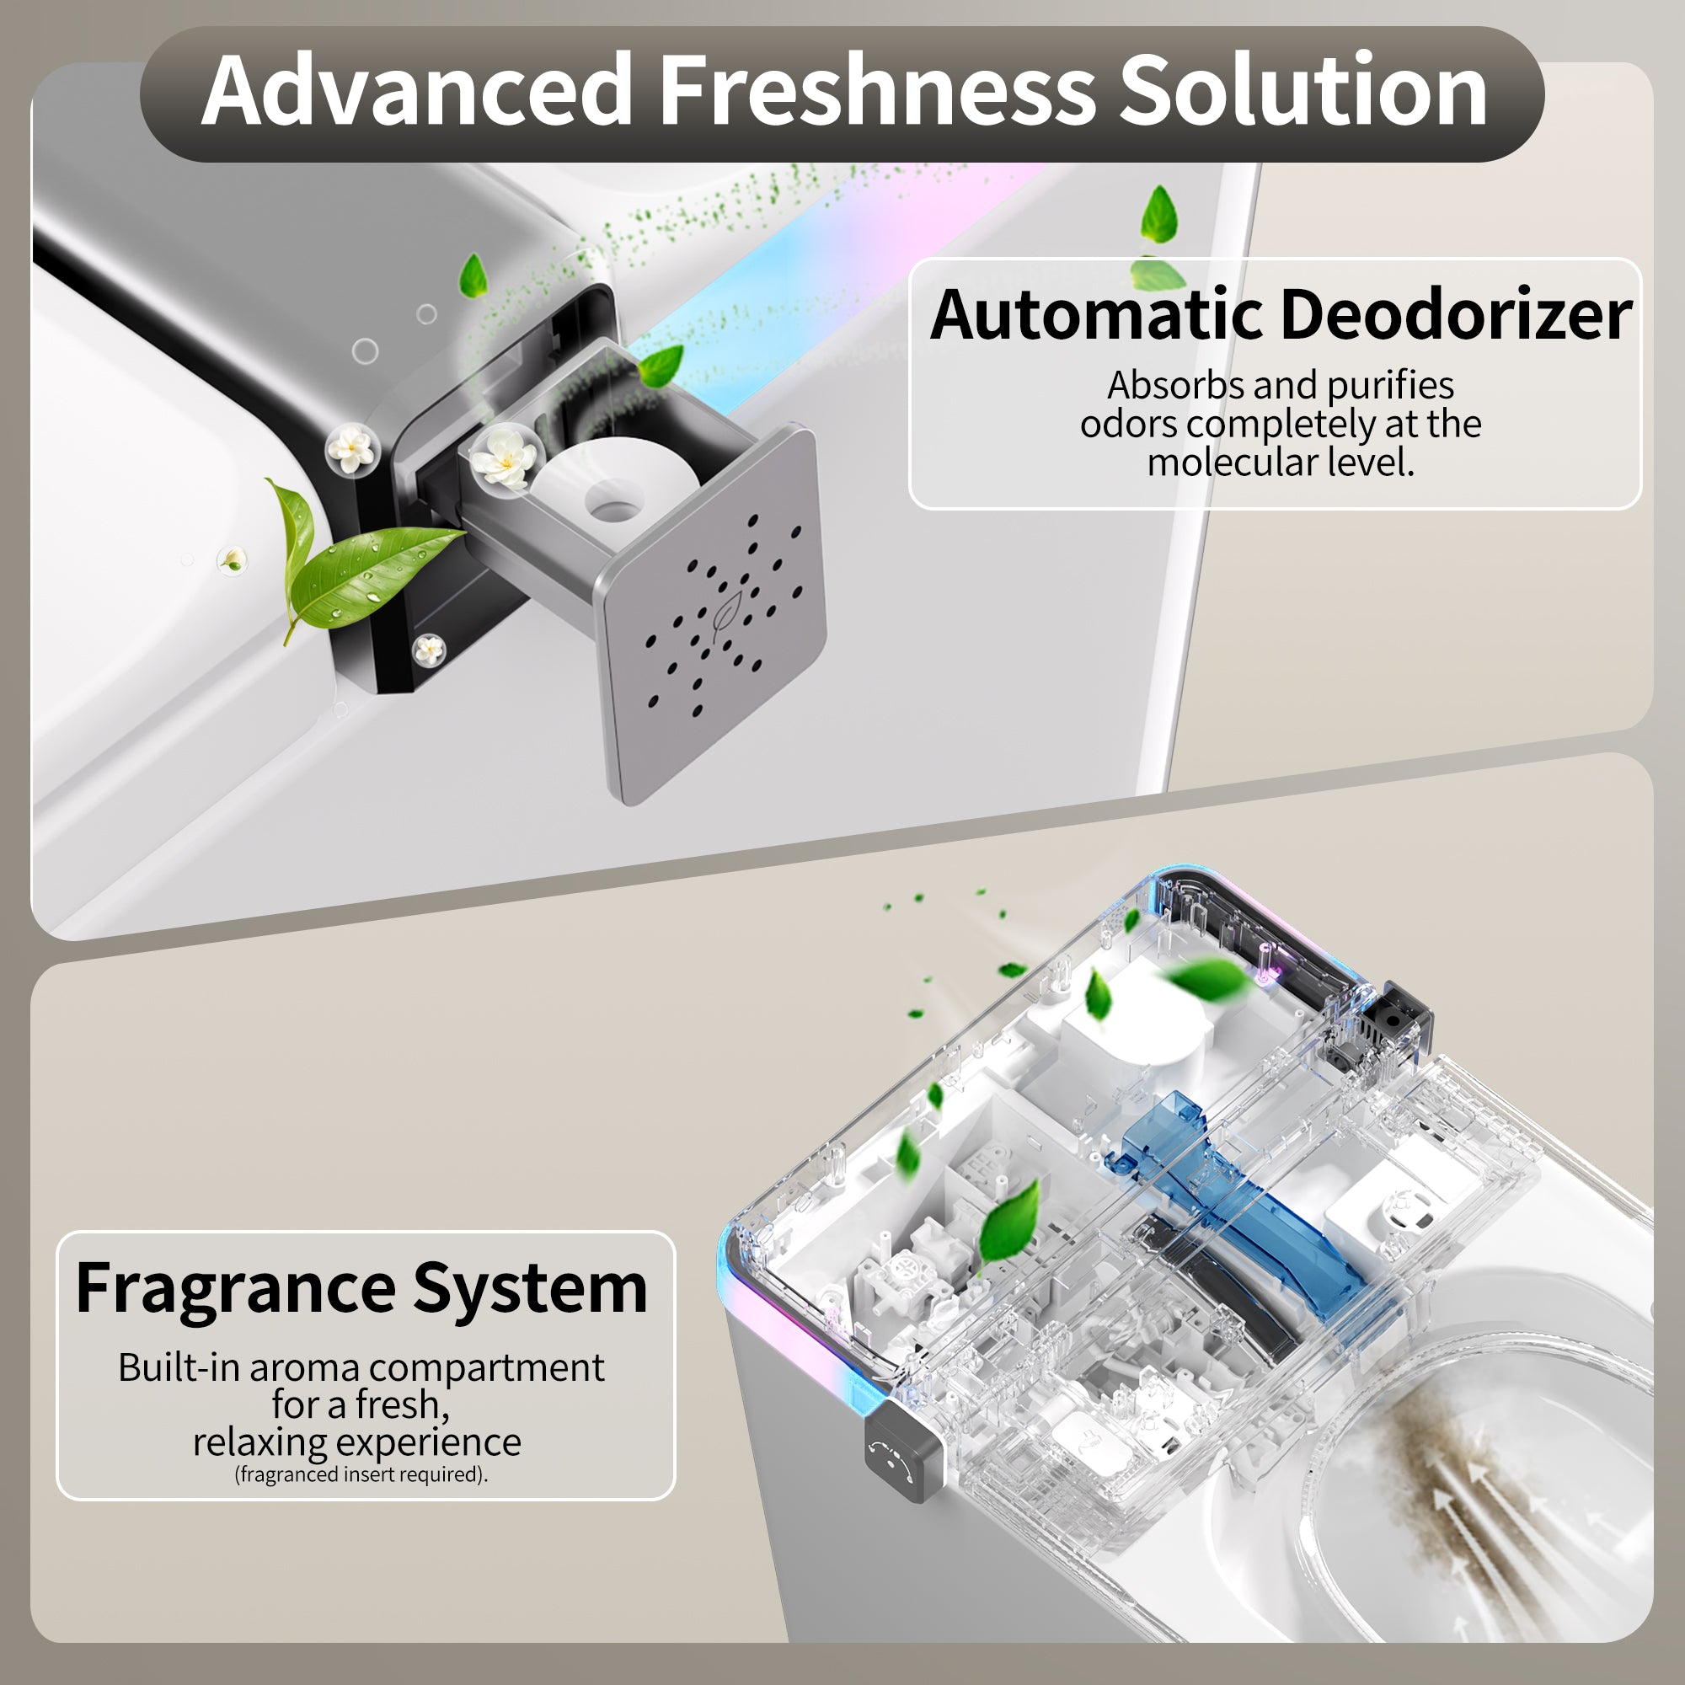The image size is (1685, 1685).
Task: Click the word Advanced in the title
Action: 417,92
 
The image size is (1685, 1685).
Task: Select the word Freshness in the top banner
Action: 875,92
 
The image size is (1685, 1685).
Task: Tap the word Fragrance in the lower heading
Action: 236,1289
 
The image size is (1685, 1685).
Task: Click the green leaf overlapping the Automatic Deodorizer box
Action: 1158,272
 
